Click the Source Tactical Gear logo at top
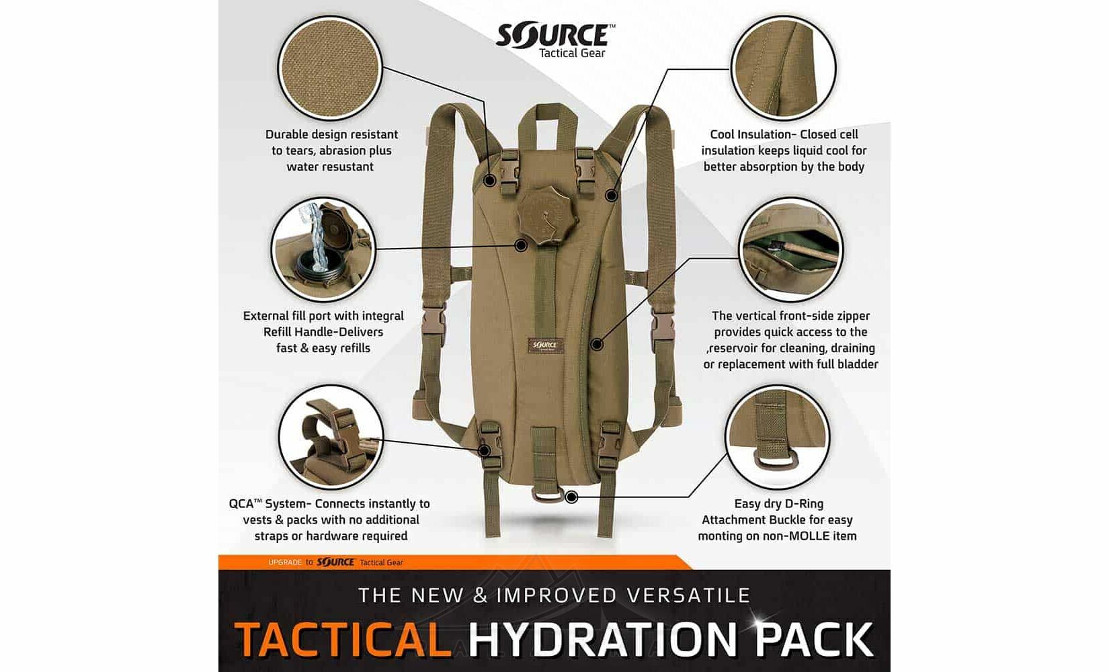[x=555, y=41]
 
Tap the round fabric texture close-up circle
[x=330, y=68]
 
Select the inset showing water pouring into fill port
[x=323, y=249]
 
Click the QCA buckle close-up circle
[x=331, y=437]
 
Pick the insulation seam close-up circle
[x=784, y=68]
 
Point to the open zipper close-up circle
[x=790, y=249]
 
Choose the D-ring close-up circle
[x=777, y=437]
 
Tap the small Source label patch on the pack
[x=546, y=345]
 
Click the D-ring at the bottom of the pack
[x=548, y=494]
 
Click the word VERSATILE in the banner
[x=688, y=595]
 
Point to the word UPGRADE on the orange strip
[x=285, y=562]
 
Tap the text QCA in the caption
[x=241, y=504]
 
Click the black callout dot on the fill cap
[x=520, y=245]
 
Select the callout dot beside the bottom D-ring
[x=571, y=497]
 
